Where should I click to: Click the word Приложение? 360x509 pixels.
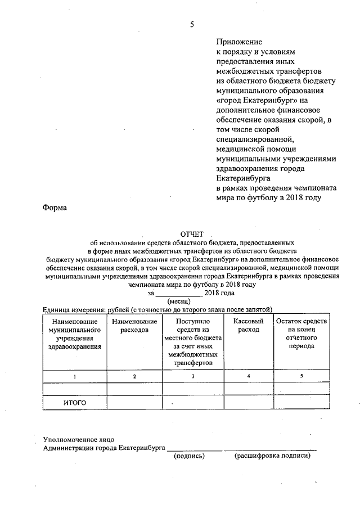point(240,42)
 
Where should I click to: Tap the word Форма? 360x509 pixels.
point(55,208)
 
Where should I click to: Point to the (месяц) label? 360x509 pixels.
point(180,301)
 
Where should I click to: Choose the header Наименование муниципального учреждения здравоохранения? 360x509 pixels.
point(75,334)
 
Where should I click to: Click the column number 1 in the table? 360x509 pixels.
point(75,376)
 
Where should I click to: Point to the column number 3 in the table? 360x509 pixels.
point(193,376)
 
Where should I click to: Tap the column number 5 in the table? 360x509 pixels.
point(301,376)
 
